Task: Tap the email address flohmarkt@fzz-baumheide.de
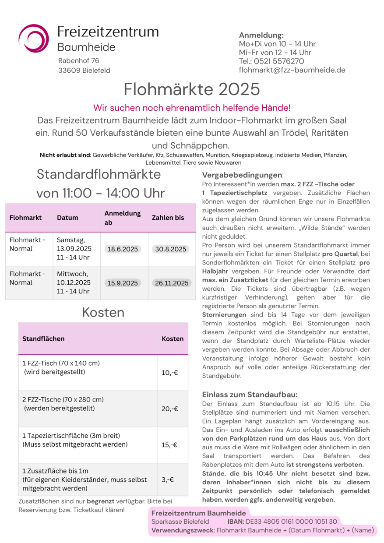coord(292,70)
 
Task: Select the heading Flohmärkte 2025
coord(192,89)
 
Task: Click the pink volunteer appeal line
coord(192,108)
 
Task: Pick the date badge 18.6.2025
coord(123,249)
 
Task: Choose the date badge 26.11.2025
coord(172,283)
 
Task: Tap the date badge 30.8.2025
coord(170,249)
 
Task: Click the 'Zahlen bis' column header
coord(168,218)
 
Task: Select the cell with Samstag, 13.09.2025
coord(74,249)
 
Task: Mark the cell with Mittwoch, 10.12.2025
coord(74,283)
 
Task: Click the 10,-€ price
coord(169,373)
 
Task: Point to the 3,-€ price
coord(168,480)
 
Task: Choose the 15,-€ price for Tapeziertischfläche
coord(169,445)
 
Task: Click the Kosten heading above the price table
coord(103,312)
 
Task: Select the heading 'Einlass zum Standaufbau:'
coord(250,395)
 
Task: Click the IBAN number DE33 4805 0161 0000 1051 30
coord(291,522)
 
